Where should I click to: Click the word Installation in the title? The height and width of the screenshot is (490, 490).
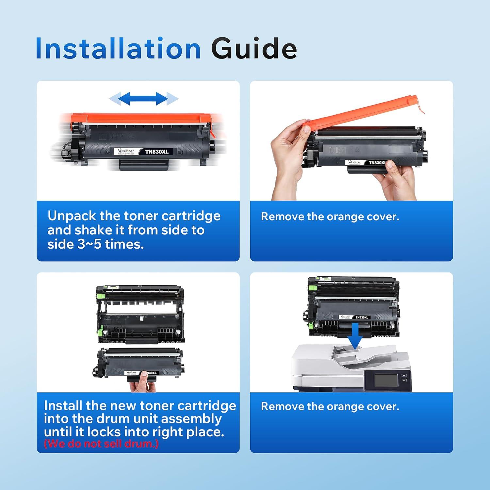pos(118,48)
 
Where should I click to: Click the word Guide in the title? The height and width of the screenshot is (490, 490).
pos(254,48)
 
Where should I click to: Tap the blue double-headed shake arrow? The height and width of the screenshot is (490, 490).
pos(143,98)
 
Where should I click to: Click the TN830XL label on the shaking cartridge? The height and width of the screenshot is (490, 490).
pos(157,152)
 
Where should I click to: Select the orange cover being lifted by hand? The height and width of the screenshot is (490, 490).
pos(363,111)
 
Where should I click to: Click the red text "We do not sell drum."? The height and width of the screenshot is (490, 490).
pos(101,444)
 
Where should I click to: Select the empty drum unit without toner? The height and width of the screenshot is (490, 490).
pos(140,314)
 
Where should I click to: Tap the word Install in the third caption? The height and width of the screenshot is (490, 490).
pos(63,405)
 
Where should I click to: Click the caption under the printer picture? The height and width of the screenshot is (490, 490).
pos(330,406)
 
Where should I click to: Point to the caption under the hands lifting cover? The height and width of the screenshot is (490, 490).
pos(330,217)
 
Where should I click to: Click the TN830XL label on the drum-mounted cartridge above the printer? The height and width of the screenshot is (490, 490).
pos(362,317)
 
